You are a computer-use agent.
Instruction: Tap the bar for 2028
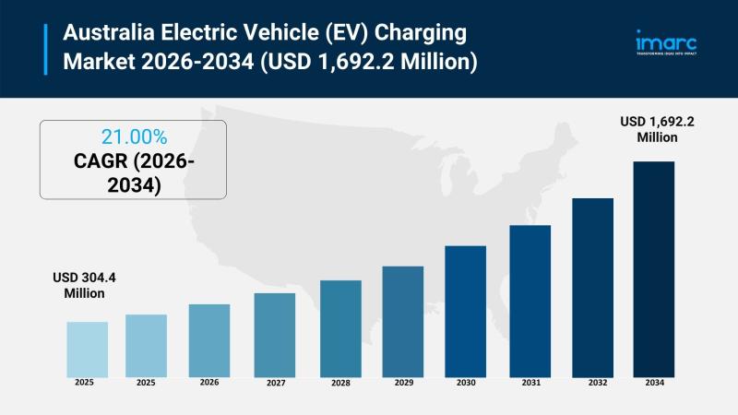[x=340, y=327]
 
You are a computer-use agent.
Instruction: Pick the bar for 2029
[x=403, y=321]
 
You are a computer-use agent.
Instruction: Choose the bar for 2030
[x=466, y=311]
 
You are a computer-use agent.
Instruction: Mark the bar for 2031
[x=530, y=301]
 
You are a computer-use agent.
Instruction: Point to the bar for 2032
[x=593, y=287]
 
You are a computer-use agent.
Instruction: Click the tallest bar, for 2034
[x=653, y=268]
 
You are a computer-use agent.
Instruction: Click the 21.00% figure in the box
[x=134, y=137]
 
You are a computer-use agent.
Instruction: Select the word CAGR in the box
[x=102, y=162]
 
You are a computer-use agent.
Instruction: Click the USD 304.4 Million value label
[x=78, y=285]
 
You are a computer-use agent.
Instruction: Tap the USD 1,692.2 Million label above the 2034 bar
[x=658, y=129]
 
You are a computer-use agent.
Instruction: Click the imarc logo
[x=666, y=43]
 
